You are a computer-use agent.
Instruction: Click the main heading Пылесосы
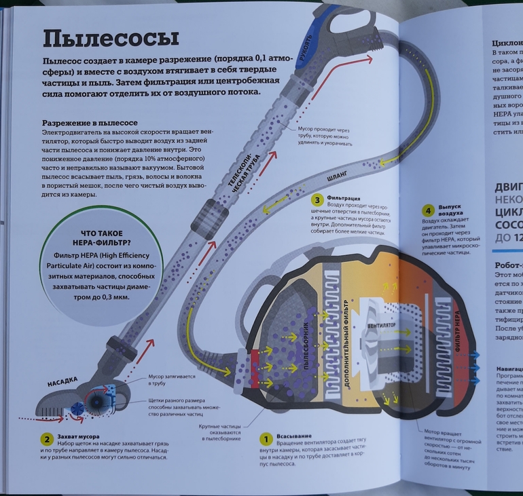pos(110,38)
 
